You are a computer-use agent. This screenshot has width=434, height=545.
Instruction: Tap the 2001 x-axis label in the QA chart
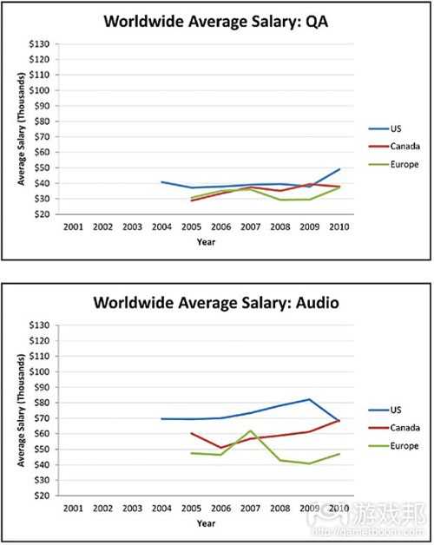pos(75,227)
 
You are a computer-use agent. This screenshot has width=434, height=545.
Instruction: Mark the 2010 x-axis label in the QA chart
pos(339,227)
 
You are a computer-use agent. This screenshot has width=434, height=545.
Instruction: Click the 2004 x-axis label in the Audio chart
pos(162,509)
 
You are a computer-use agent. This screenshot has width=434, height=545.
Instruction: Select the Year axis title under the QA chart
pos(207,242)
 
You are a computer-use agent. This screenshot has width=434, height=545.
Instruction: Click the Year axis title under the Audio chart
pos(207,523)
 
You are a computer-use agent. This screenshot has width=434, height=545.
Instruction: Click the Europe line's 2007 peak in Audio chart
pos(251,430)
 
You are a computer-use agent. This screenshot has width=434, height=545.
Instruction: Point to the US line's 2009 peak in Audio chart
pos(310,399)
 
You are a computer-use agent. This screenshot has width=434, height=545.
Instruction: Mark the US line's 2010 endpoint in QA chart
pos(339,169)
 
